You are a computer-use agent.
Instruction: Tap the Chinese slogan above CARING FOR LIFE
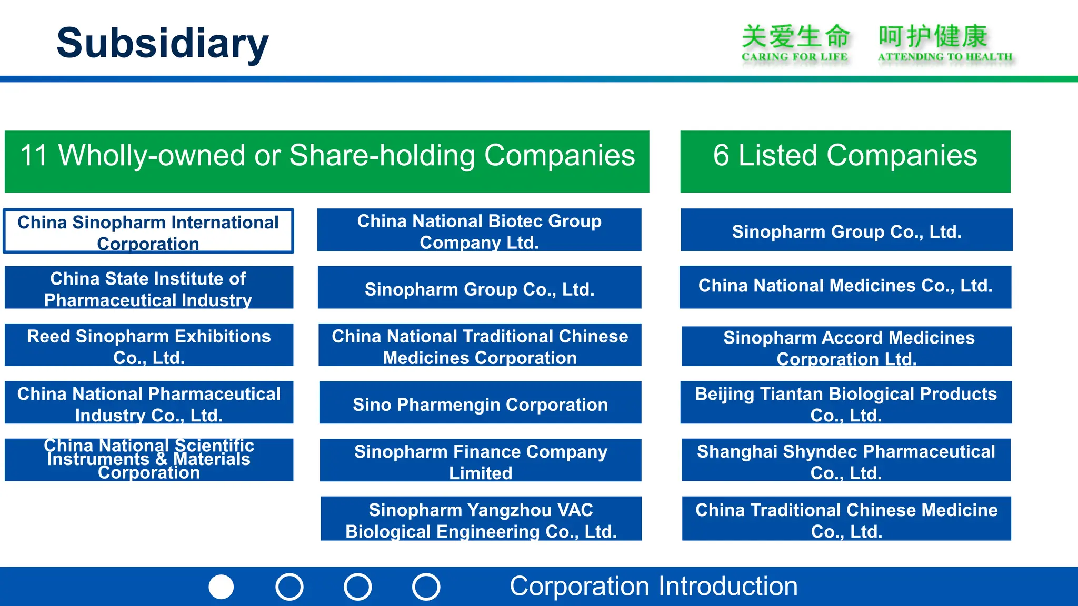coord(795,37)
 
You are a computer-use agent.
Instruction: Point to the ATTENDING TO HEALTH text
coord(945,57)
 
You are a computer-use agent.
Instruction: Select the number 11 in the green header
coord(34,156)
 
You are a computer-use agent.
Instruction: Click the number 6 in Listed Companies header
coord(721,156)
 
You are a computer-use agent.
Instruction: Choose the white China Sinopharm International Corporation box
coord(148,231)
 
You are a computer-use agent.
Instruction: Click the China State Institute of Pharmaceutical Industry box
coord(148,288)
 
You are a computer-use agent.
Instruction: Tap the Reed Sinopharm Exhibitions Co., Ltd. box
coord(148,345)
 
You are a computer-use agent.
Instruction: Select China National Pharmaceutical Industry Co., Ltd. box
coord(148,403)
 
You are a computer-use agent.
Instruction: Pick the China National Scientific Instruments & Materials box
coord(148,460)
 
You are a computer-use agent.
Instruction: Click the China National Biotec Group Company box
coord(479,230)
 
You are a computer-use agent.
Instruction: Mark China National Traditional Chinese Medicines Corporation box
coord(480,345)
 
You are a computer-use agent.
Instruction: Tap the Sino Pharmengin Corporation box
coord(480,403)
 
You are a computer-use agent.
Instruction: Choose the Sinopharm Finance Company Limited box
coord(481,461)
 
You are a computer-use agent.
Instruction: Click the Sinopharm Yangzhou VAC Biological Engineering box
coord(481,519)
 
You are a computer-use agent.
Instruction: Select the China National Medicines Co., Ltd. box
coord(845,287)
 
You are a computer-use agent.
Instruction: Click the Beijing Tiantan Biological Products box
coord(846,403)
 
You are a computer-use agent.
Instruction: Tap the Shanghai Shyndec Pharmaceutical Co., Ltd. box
coord(846,460)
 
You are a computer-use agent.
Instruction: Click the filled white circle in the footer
coord(221,587)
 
